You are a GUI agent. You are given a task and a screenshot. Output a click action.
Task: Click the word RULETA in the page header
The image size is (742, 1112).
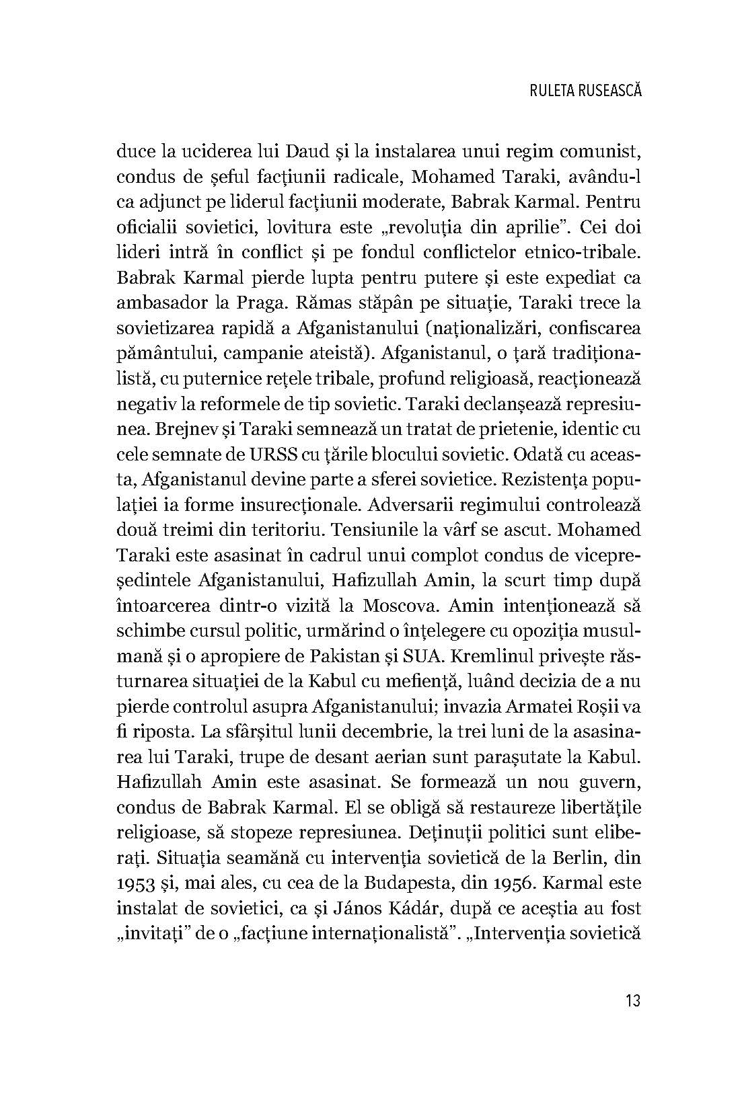click(x=548, y=90)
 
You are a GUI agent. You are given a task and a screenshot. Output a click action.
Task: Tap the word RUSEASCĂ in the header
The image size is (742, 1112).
click(x=609, y=90)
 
